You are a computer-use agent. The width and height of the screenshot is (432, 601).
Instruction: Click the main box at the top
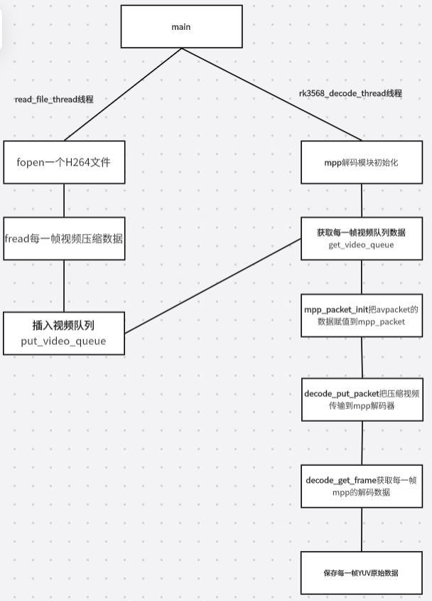tap(181, 26)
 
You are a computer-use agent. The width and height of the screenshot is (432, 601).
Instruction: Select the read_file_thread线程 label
tap(54, 100)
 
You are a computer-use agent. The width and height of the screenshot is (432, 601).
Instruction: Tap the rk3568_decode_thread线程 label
tap(350, 93)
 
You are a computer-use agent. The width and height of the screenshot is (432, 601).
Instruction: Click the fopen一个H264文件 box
tap(65, 162)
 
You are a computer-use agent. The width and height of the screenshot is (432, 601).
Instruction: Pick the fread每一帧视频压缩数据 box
tap(65, 238)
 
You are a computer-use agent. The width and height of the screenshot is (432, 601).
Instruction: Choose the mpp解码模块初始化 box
tap(362, 162)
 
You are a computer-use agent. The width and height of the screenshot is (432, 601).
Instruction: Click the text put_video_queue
tap(63, 341)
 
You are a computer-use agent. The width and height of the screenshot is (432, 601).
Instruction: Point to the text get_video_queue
tap(361, 245)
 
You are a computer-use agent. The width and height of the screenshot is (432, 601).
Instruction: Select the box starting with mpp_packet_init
tap(362, 316)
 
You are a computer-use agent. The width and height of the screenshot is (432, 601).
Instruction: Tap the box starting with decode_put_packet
tap(362, 400)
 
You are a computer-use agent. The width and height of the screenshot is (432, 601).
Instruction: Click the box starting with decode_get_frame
tap(362, 486)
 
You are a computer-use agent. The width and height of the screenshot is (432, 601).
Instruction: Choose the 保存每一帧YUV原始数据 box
tap(362, 573)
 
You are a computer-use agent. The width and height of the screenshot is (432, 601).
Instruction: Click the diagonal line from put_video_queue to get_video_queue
tap(213, 286)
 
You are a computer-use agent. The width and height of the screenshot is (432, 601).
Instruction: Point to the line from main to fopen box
tap(123, 95)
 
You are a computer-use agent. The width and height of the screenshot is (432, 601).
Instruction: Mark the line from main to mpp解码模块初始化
tap(271, 95)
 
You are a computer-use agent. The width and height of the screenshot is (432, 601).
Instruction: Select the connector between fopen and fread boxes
tap(64, 201)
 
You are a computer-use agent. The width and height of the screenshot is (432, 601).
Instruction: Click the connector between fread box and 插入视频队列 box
tap(64, 286)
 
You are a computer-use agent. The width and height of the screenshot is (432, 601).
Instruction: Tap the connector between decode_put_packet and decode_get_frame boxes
tap(362, 443)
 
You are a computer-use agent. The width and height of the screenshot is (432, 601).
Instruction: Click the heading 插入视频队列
tap(63, 326)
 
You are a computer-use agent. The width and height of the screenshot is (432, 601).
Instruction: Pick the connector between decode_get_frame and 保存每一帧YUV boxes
tap(362, 530)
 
